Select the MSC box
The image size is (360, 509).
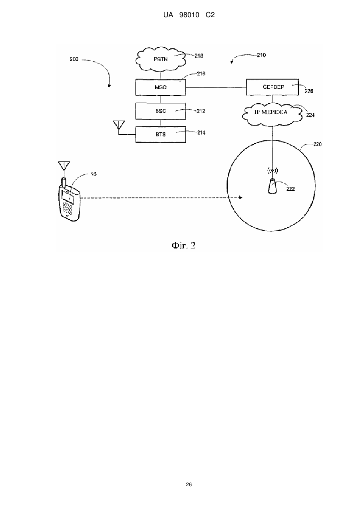tap(161, 87)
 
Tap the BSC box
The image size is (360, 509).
tap(161, 111)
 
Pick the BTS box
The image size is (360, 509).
tap(161, 134)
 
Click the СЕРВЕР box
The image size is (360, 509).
tap(272, 87)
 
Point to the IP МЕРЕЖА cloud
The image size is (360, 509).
tap(272, 114)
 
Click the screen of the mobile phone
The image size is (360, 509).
tap(68, 197)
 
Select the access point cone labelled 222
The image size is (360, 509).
tap(272, 186)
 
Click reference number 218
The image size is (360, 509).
tap(199, 56)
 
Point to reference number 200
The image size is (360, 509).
tap(74, 59)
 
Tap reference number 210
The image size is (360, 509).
tap(261, 55)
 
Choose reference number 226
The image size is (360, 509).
tap(309, 91)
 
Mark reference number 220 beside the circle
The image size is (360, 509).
tap(317, 144)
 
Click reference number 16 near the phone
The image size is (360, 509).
tap(93, 174)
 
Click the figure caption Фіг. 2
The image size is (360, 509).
tap(183, 246)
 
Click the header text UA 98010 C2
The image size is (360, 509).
tap(189, 15)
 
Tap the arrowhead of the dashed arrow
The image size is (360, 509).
tap(241, 198)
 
